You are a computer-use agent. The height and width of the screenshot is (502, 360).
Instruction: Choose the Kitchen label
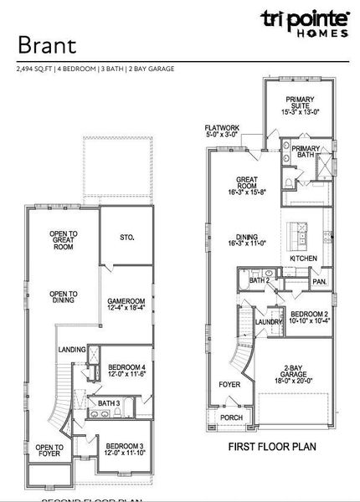click(x=302, y=259)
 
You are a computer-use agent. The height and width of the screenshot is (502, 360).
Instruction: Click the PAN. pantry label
click(x=319, y=282)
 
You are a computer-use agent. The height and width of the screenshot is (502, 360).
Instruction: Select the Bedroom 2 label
click(x=308, y=316)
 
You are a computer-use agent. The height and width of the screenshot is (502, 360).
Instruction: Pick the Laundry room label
click(x=268, y=321)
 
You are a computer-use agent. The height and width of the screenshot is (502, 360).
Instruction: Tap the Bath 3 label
click(x=110, y=404)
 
